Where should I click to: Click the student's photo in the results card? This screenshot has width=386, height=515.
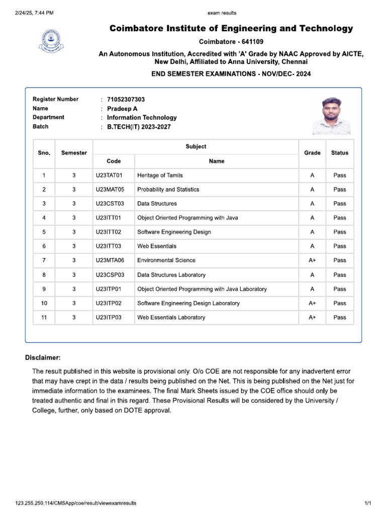pyautogui.click(x=332, y=115)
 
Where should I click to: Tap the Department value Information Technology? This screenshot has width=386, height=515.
pyautogui.click(x=142, y=118)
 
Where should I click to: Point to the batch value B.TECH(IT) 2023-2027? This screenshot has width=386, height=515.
pyautogui.click(x=139, y=127)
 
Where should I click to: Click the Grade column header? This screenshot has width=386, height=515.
pyautogui.click(x=312, y=153)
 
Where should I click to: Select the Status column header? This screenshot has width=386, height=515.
pyautogui.click(x=340, y=153)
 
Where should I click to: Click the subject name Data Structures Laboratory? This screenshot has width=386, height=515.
pyautogui.click(x=171, y=275)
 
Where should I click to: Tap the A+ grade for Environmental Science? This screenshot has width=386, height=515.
pyautogui.click(x=312, y=261)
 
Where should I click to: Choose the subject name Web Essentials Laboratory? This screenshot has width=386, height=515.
pyautogui.click(x=171, y=317)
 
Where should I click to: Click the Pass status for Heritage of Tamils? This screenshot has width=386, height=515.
pyautogui.click(x=340, y=176)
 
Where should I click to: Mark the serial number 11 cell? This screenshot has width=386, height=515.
pyautogui.click(x=44, y=317)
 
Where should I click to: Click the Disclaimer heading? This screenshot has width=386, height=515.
pyautogui.click(x=43, y=358)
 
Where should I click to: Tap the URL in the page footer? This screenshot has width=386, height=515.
pyautogui.click(x=76, y=503)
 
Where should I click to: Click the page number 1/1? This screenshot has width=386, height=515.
pyautogui.click(x=367, y=503)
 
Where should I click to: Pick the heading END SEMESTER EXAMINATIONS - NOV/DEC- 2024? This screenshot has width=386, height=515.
pyautogui.click(x=231, y=74)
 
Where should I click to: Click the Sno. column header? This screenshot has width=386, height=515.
pyautogui.click(x=44, y=153)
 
